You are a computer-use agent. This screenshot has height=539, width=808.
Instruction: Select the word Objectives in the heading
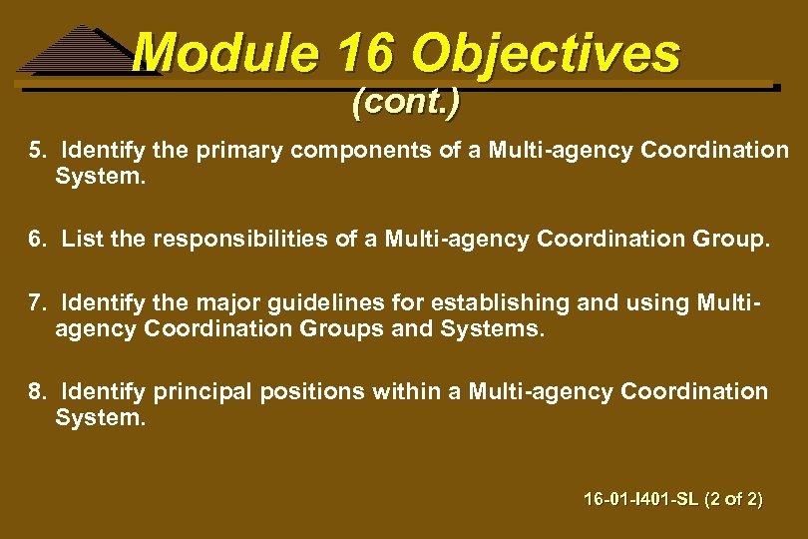click(547, 53)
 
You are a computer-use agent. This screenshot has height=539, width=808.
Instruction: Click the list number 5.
click(37, 150)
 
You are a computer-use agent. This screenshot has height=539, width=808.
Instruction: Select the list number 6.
click(37, 240)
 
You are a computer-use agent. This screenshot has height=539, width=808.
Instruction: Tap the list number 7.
click(37, 302)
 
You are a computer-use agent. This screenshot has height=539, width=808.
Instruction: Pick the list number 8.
click(37, 392)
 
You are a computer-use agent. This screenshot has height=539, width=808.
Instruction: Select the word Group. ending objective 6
click(736, 240)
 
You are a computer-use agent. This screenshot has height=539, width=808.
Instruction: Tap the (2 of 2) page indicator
click(733, 498)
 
